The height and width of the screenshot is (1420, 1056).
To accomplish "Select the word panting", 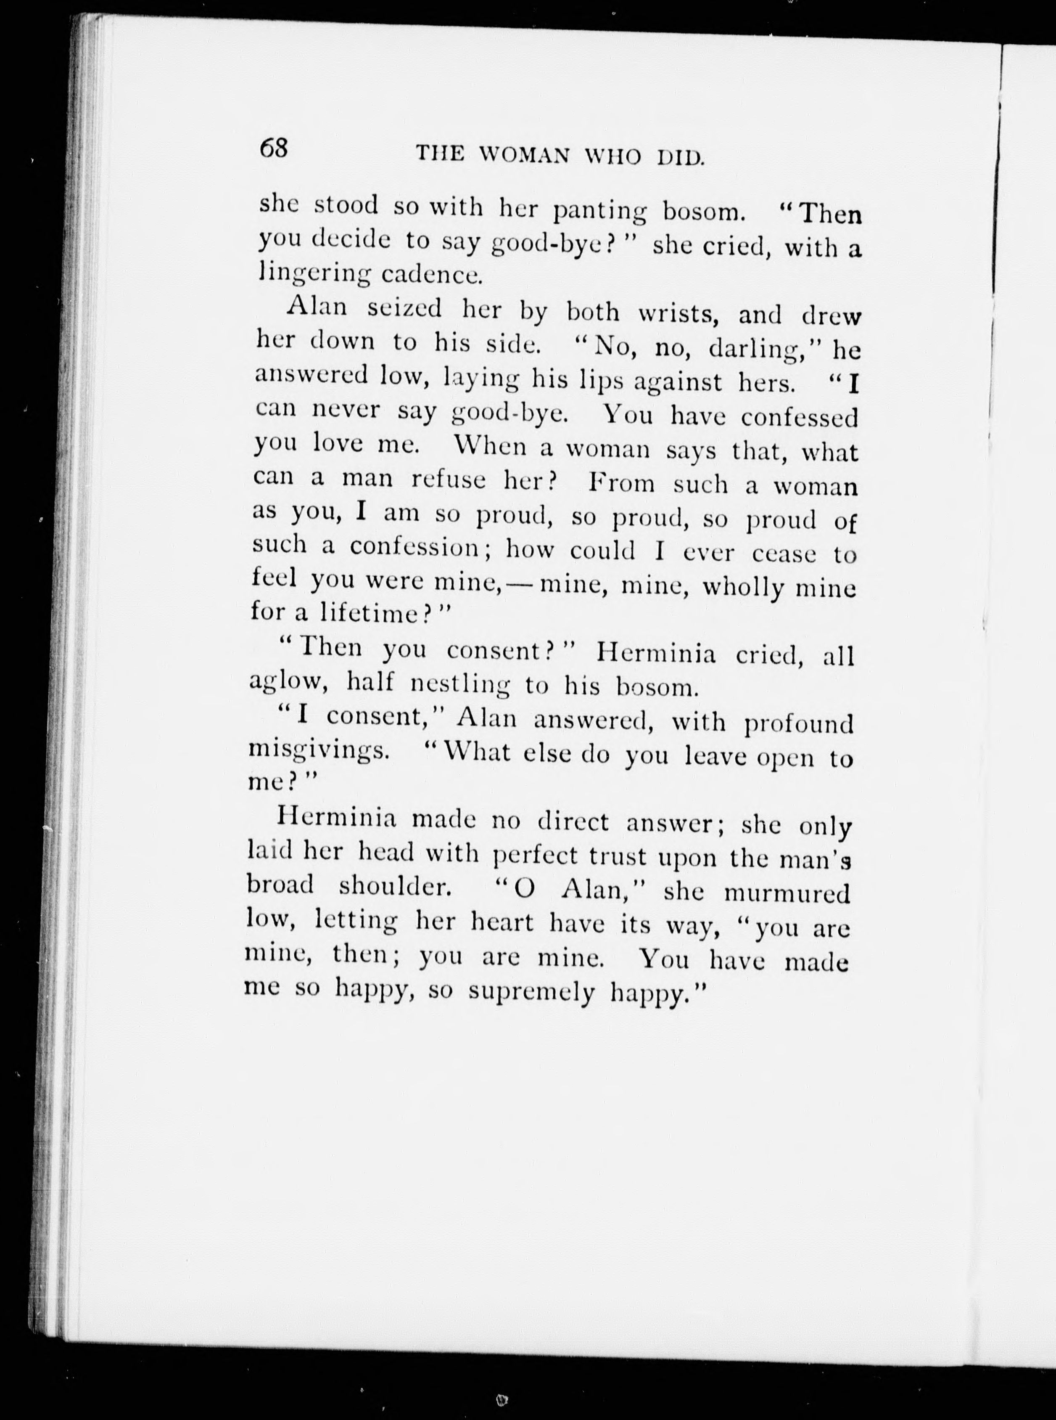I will coord(600,210).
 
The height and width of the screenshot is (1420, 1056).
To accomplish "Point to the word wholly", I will coord(743,588).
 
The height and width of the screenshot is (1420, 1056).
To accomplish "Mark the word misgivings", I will coord(318,752).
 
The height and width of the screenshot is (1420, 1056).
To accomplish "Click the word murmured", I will coord(787,892).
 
